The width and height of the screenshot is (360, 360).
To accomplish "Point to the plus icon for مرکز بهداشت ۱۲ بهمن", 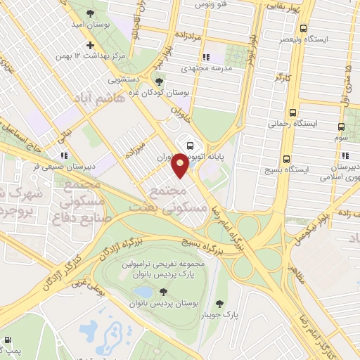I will click(x=90, y=45).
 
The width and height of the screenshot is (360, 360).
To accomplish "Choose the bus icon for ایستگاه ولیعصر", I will click(x=303, y=29).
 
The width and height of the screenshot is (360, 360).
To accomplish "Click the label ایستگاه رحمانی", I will click(x=292, y=122).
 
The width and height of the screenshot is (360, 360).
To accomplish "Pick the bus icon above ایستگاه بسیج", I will click(x=285, y=159).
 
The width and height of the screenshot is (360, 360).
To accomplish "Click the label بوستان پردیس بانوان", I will click(x=164, y=303).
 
